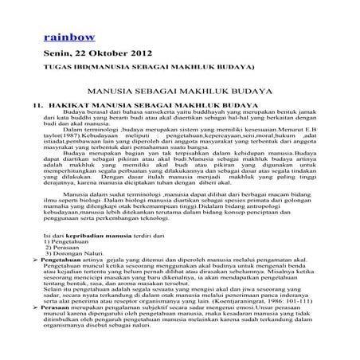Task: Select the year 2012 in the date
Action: [x=121, y=53]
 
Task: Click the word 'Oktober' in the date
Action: [x=93, y=53]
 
